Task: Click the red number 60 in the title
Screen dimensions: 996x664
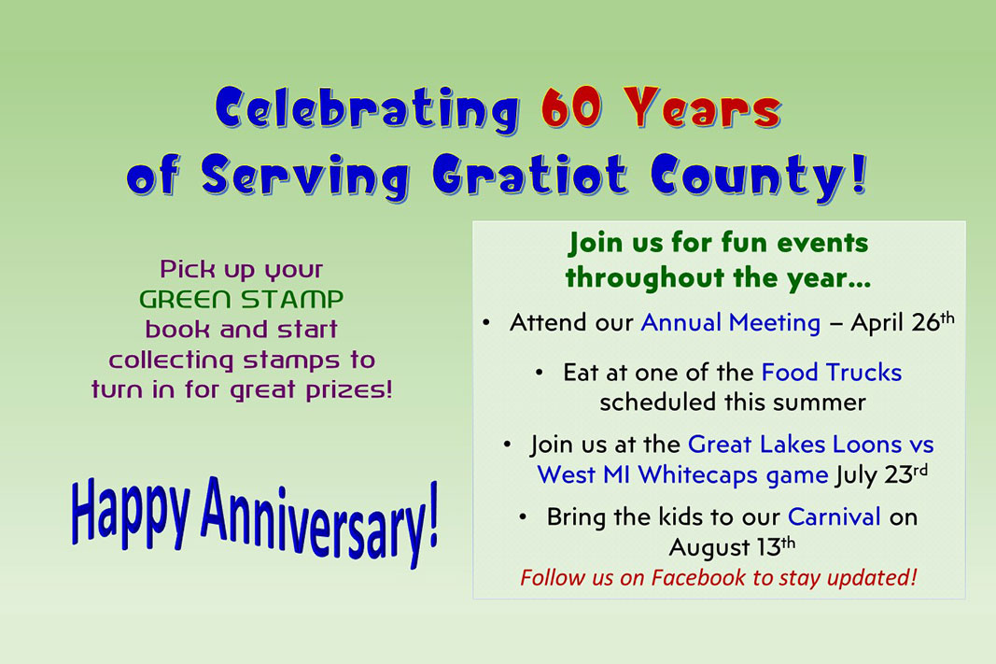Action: click(x=571, y=107)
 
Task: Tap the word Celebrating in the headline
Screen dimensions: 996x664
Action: click(x=368, y=110)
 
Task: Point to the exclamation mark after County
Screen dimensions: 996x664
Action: click(x=859, y=173)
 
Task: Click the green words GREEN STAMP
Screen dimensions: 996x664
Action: click(x=242, y=299)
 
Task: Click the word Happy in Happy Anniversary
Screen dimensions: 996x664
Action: click(x=130, y=511)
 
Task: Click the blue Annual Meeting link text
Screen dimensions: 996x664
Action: click(x=731, y=323)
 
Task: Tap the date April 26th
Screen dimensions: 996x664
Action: click(x=903, y=322)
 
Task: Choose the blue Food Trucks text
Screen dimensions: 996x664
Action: click(x=832, y=373)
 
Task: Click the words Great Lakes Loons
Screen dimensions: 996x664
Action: click(x=794, y=445)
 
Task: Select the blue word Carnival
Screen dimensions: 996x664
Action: click(x=834, y=517)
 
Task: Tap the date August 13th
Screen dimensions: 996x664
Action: click(x=732, y=546)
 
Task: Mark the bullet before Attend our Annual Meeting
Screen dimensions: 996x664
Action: click(x=486, y=323)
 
